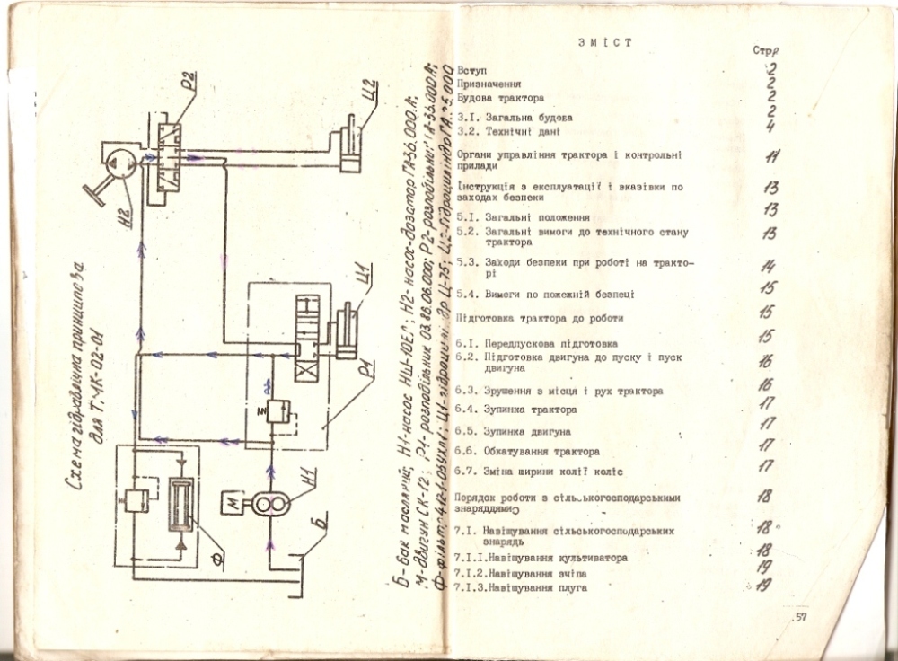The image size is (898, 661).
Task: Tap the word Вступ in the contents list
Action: coord(471,69)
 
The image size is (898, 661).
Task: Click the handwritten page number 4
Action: coord(770,127)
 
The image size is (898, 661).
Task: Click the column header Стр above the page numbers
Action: coord(766,51)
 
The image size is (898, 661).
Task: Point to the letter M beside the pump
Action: coord(236,504)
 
